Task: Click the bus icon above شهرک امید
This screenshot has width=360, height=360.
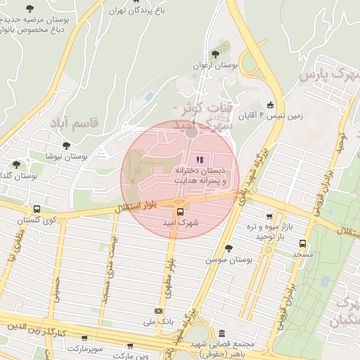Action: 180,212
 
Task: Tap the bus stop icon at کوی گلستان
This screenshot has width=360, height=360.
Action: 37,209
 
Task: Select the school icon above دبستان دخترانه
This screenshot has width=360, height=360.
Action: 199,160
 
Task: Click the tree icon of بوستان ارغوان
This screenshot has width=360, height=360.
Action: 214,54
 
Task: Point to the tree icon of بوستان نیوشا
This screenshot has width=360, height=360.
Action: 65,146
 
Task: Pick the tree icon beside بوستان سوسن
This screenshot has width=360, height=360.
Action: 228,248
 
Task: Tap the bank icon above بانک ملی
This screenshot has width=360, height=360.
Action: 158,310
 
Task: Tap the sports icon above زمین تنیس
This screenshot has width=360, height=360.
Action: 271,105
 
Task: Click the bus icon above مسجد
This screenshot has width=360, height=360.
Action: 302,243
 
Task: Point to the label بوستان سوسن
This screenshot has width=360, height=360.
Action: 229,259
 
